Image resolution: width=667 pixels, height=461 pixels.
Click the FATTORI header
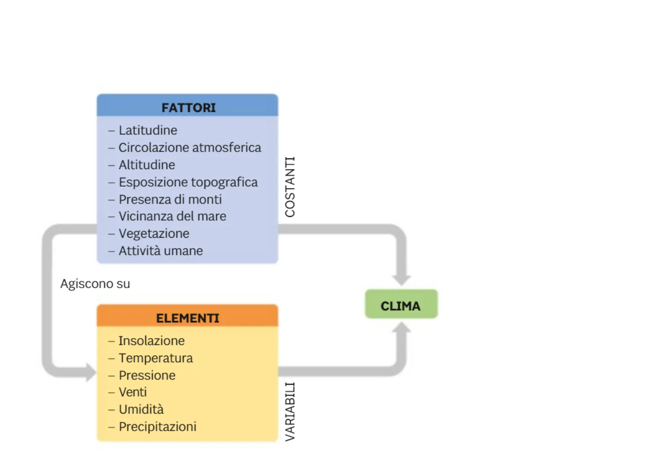pos(188,108)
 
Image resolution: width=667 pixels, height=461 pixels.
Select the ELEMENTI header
pos(187,318)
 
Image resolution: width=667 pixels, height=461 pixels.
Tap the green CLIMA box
pos(401,306)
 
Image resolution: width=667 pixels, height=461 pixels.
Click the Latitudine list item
pos(148,130)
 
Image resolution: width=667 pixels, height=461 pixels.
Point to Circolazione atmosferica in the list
pos(189,148)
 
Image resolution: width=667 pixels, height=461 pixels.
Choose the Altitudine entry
pos(147,165)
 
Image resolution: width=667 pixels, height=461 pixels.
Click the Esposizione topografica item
pos(188,182)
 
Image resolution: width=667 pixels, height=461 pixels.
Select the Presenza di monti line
pos(170,199)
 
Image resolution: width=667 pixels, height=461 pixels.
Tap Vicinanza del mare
pos(172,216)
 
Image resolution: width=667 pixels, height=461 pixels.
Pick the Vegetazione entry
pos(153,233)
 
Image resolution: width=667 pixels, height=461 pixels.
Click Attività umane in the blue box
pos(160,251)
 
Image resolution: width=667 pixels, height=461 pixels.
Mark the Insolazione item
pos(151,341)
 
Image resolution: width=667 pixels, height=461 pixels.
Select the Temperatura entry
pos(156,358)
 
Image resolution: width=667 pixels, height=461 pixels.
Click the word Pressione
pos(147,375)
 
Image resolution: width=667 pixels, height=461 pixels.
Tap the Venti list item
pos(133,392)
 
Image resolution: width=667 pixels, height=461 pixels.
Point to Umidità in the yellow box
pos(141,409)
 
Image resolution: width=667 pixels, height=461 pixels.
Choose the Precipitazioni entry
pos(157,426)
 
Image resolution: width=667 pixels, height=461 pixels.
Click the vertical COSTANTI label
pos(290,187)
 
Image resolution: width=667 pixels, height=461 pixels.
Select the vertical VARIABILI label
pos(290,411)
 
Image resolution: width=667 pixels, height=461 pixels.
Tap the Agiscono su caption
pos(95,284)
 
